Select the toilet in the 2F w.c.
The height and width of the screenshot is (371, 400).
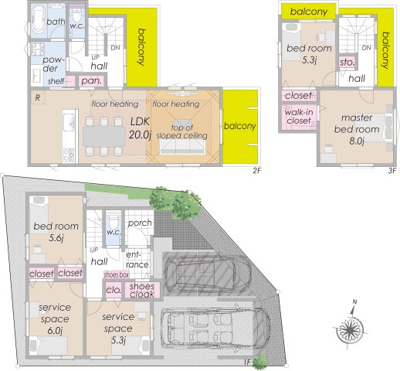[x=76, y=15]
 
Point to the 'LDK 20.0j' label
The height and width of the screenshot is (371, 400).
[x=140, y=128]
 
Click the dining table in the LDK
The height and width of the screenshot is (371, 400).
[x=104, y=136]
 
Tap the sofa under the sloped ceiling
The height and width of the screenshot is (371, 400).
[x=182, y=148]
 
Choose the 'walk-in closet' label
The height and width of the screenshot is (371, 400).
[x=299, y=116]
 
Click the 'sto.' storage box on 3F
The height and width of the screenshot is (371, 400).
[x=347, y=62]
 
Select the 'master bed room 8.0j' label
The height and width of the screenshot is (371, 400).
[x=357, y=130]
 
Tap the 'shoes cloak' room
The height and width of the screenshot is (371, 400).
[x=142, y=290]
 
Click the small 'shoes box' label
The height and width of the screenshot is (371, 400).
[x=116, y=275]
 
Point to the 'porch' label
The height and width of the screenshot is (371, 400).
[x=140, y=223]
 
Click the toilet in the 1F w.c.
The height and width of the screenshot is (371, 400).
[x=114, y=220]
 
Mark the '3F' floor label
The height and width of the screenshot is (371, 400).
[x=392, y=170]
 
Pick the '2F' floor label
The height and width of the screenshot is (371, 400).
[x=256, y=170]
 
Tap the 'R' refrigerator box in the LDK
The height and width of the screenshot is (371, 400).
[x=38, y=97]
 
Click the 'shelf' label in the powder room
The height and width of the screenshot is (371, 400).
[x=56, y=82]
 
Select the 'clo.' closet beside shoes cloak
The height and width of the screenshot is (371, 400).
[x=114, y=290]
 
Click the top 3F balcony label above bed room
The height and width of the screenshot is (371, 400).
[x=309, y=12]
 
